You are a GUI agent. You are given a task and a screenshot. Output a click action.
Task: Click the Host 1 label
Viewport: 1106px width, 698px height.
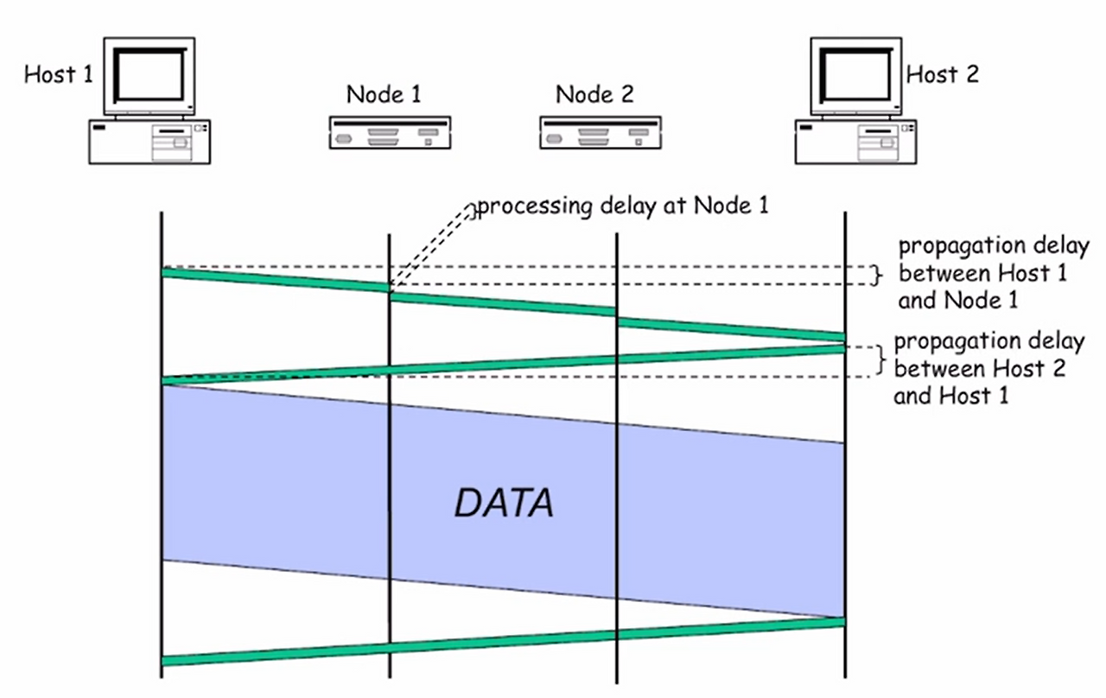point(58,74)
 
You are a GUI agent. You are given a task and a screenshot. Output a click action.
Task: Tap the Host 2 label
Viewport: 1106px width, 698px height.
point(942,74)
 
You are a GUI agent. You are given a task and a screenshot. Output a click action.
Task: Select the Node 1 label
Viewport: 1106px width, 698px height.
point(384,94)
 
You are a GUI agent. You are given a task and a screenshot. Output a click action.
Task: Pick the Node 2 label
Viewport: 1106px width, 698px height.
point(594,94)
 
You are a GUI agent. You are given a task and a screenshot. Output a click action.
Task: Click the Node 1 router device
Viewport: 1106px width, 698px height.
point(390,134)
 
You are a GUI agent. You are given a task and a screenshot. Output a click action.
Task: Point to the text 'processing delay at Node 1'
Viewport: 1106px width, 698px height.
point(622,207)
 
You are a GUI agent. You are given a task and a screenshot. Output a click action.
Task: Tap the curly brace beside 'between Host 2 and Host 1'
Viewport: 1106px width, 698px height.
point(881,362)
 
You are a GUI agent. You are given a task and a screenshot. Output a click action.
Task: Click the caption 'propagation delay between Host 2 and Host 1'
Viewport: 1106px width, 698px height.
point(988,369)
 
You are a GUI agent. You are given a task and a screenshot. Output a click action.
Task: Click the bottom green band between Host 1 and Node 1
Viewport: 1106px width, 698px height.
point(276,654)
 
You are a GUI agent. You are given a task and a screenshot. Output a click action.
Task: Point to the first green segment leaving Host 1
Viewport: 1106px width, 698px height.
point(276,282)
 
